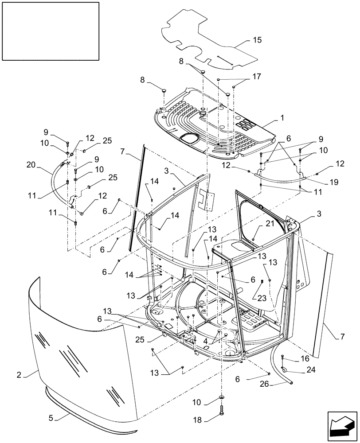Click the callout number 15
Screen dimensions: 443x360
click(x=257, y=40)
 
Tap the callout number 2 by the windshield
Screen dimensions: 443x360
click(x=19, y=375)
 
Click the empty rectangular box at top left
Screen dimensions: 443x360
click(x=50, y=30)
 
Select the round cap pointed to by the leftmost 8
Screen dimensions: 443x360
click(x=164, y=90)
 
